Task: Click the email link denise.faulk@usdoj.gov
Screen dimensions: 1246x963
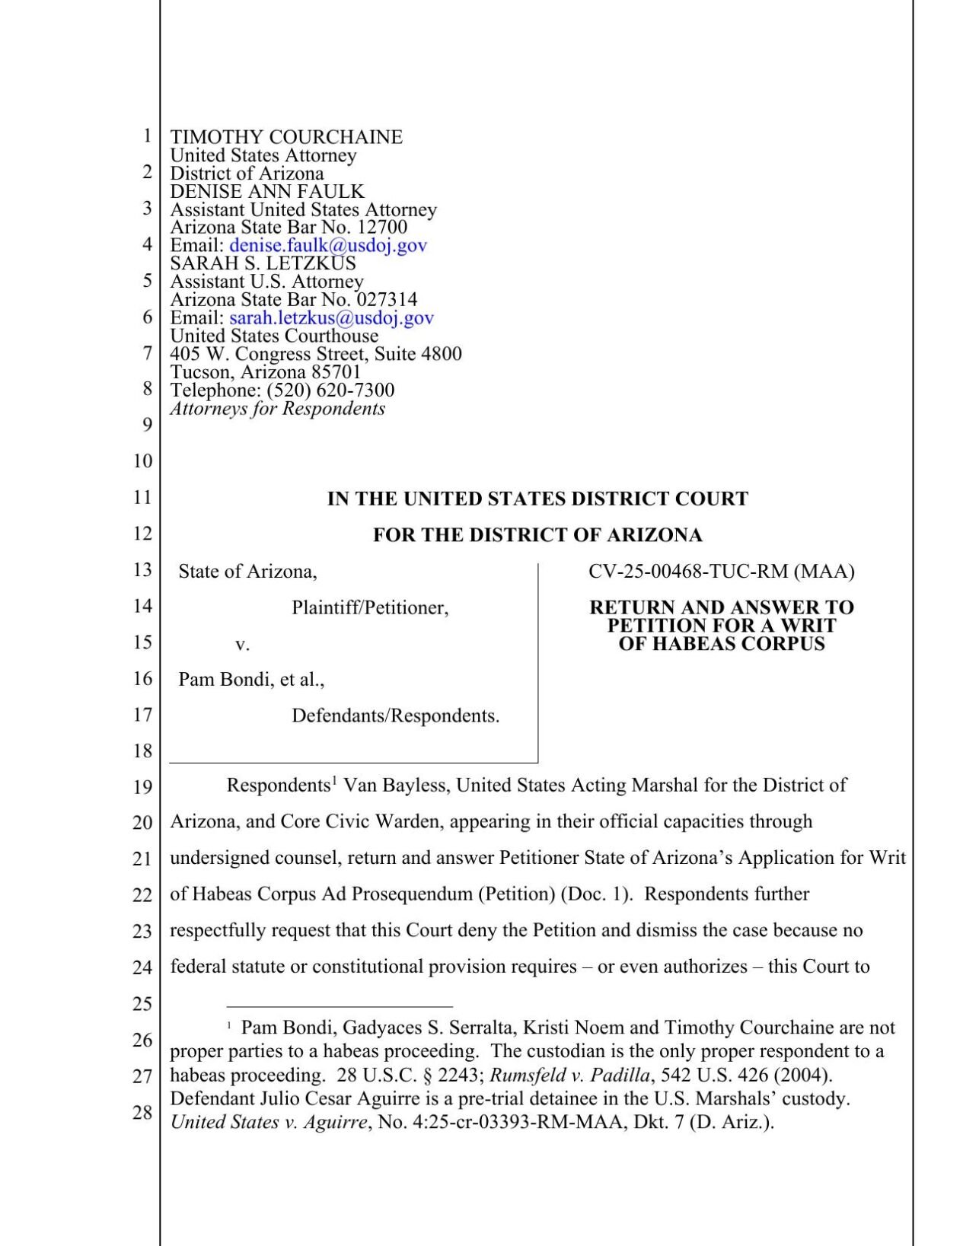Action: [327, 245]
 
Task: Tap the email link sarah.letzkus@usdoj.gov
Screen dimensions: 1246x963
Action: [331, 318]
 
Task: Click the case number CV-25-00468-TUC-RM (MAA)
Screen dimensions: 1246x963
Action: [721, 572]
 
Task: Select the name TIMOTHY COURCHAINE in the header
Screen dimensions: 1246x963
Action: [286, 137]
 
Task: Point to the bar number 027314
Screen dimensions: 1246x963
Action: [387, 300]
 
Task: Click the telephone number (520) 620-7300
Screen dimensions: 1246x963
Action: [330, 390]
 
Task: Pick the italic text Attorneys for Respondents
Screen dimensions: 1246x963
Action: [277, 409]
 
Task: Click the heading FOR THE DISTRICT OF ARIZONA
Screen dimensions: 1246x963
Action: [537, 535]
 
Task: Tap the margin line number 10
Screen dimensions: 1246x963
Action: [143, 461]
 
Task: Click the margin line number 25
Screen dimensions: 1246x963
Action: [143, 1004]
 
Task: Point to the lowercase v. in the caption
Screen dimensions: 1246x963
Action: [242, 645]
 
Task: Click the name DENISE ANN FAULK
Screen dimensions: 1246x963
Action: [267, 192]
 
